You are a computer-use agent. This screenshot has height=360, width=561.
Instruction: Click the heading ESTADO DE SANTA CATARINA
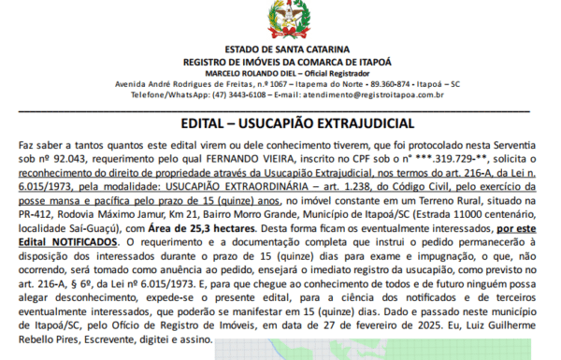coord(280,49)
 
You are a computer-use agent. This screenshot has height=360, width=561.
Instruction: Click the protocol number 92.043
coord(69,160)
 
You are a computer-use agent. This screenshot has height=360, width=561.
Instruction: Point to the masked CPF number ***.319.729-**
coord(424,160)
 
